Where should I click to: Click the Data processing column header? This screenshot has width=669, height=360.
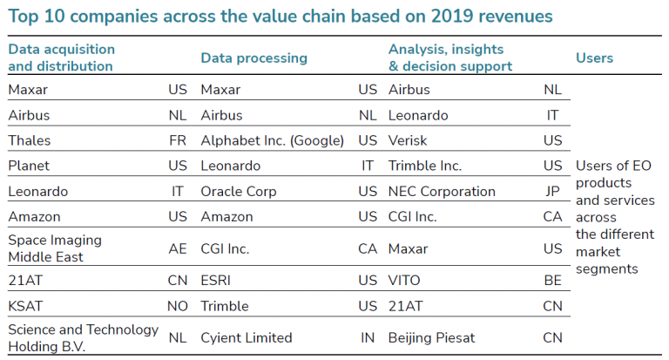click(x=253, y=58)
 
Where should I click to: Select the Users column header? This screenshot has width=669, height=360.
click(x=594, y=58)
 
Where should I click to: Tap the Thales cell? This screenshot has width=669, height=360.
click(x=30, y=140)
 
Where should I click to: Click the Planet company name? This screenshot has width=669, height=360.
click(x=29, y=166)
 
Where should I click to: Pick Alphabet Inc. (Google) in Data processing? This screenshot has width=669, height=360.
click(x=272, y=140)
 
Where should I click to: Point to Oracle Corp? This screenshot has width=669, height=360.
click(x=239, y=191)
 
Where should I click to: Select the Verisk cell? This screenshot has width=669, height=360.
click(x=408, y=140)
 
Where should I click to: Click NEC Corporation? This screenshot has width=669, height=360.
click(x=442, y=191)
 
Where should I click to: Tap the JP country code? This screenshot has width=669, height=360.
click(x=552, y=191)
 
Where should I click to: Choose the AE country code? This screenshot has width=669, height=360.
click(x=178, y=248)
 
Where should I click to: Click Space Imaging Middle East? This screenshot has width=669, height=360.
click(x=55, y=248)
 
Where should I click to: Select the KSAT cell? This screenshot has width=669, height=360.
click(x=25, y=306)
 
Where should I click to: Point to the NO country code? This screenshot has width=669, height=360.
click(x=178, y=306)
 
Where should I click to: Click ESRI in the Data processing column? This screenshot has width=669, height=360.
click(x=215, y=280)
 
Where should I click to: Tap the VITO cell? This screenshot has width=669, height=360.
click(x=404, y=280)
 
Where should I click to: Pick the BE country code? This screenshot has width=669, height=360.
click(x=552, y=280)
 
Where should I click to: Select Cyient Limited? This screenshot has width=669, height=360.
click(x=247, y=338)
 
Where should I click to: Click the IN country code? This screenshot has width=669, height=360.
click(x=368, y=338)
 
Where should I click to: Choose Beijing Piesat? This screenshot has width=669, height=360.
click(x=431, y=338)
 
